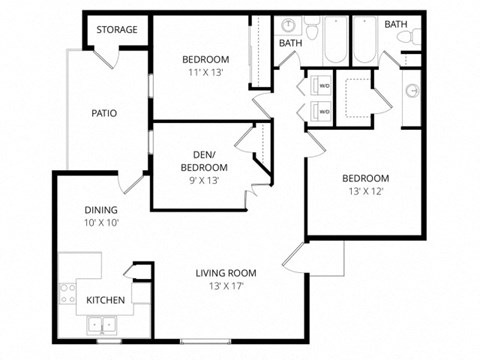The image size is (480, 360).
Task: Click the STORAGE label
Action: coord(118,30)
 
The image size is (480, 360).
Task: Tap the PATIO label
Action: coord(105,113)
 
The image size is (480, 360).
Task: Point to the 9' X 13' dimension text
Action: coord(206,181)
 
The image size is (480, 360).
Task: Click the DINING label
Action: coord(101,210)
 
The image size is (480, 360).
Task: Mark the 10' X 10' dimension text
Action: coord(101,223)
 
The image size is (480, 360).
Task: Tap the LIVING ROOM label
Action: coord(226,273)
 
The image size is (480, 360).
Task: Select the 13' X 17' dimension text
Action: coord(226,287)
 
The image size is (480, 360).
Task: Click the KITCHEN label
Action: coord(105,300)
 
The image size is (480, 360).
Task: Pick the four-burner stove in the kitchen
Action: coord(69,294)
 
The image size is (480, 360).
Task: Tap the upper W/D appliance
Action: coord(324,86)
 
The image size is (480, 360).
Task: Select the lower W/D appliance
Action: coord(324,111)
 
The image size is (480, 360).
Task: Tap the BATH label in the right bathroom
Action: coord(396,24)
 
